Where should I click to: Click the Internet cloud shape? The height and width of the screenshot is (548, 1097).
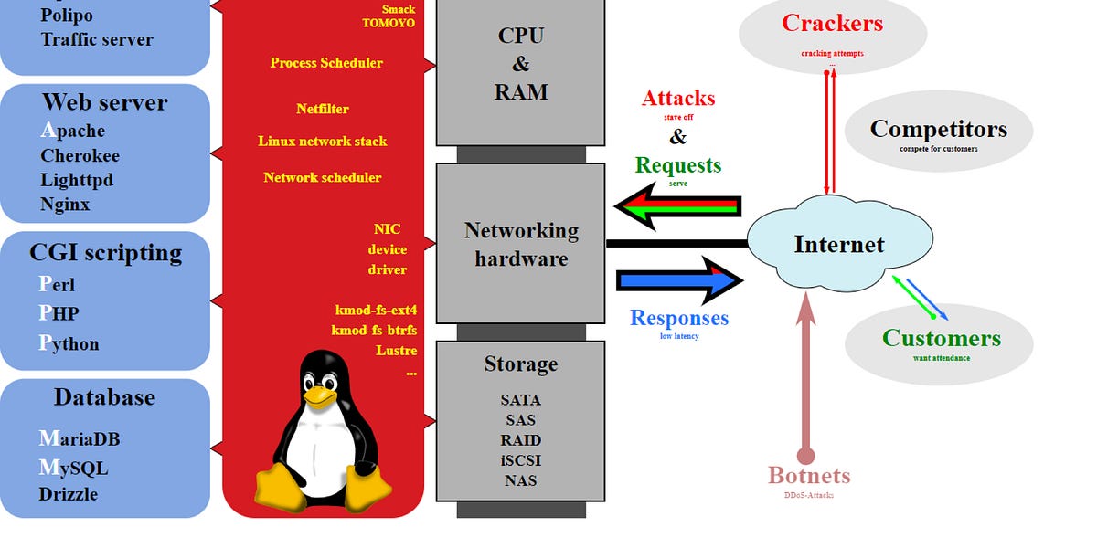[839, 244]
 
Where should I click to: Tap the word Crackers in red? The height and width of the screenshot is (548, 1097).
[832, 23]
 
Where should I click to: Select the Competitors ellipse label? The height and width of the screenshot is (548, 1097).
[938, 129]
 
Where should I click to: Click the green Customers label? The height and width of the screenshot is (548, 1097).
[941, 338]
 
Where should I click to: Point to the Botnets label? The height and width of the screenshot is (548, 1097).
[809, 476]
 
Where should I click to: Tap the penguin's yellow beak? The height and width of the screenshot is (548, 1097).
[318, 395]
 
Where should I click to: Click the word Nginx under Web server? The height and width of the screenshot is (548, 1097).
[65, 204]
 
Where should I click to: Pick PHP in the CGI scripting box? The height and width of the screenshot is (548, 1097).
[59, 313]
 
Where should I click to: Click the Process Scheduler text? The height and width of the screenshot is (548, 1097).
[326, 63]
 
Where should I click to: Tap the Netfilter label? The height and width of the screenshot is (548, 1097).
[322, 109]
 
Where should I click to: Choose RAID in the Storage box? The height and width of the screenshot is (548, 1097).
[520, 440]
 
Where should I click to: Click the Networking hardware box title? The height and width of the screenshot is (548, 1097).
[521, 245]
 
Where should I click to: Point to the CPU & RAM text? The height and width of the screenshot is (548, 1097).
[521, 64]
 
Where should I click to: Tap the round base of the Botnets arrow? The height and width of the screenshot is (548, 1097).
[805, 455]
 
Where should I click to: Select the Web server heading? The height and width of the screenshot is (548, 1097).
[104, 102]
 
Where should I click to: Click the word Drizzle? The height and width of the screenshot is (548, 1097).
[68, 494]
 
